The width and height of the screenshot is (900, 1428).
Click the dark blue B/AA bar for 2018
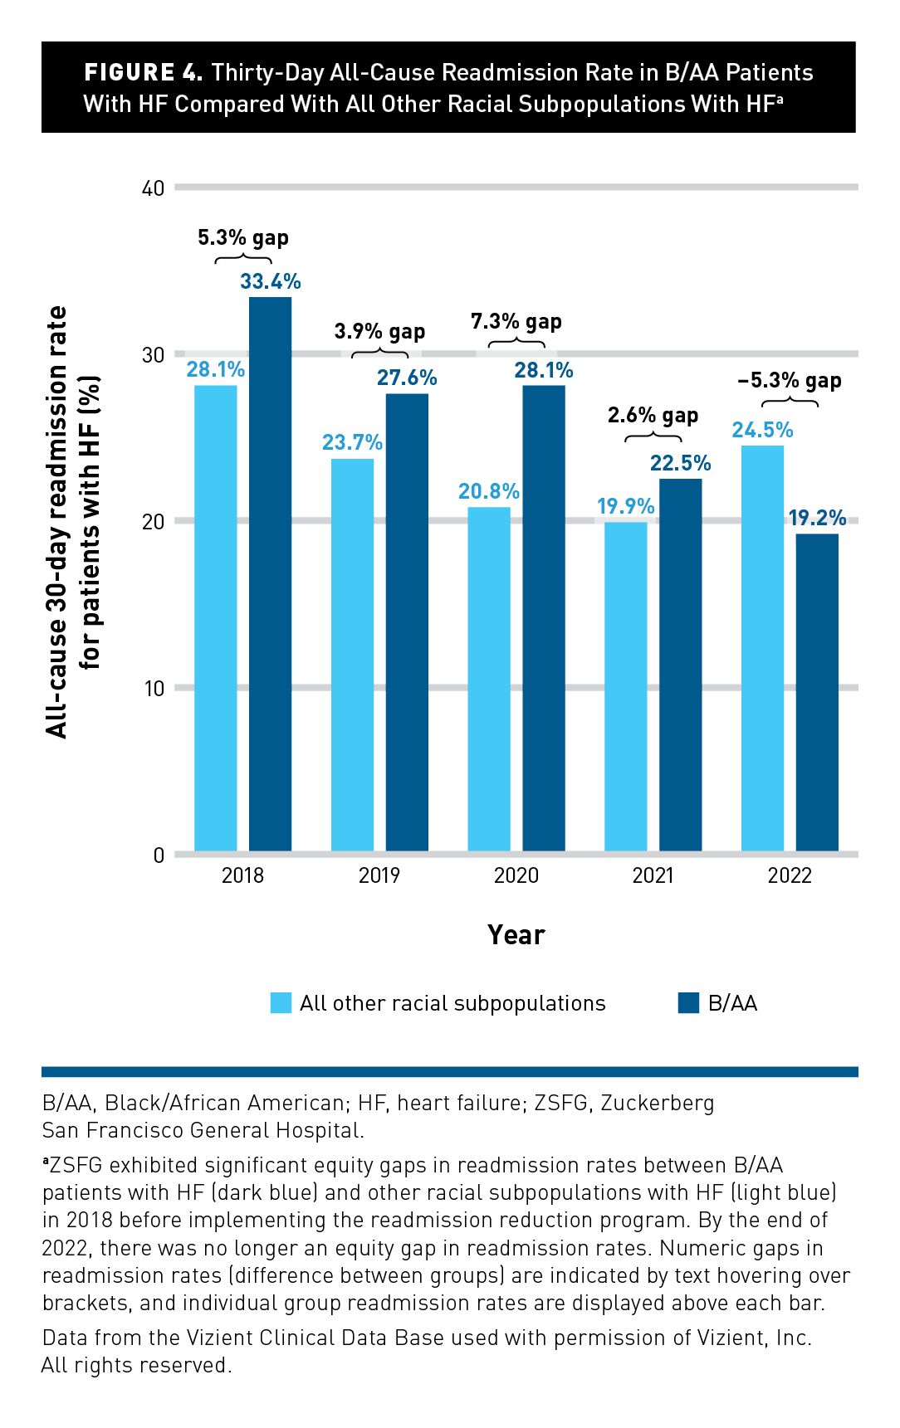point(270,573)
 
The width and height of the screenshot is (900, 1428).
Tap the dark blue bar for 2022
point(817,692)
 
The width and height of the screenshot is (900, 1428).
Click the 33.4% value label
point(270,282)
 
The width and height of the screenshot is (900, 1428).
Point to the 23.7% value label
point(352,442)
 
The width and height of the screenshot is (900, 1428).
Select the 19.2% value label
point(817,519)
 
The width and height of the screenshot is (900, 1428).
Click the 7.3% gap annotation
point(516,321)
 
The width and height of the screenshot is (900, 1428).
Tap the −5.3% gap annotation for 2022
point(789,381)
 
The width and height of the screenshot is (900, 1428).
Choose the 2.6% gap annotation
point(653,415)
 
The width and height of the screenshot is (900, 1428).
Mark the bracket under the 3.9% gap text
point(379,354)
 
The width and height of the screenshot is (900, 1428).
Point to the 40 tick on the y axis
point(154,188)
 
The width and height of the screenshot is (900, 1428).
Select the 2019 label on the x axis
point(379,875)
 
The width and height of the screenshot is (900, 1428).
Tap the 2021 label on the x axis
point(653,875)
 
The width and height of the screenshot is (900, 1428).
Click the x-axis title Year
point(516,935)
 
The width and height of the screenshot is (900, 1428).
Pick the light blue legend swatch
point(281,1003)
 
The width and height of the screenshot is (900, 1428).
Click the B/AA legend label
point(732,1003)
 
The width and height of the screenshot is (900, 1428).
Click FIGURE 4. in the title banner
point(143,73)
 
